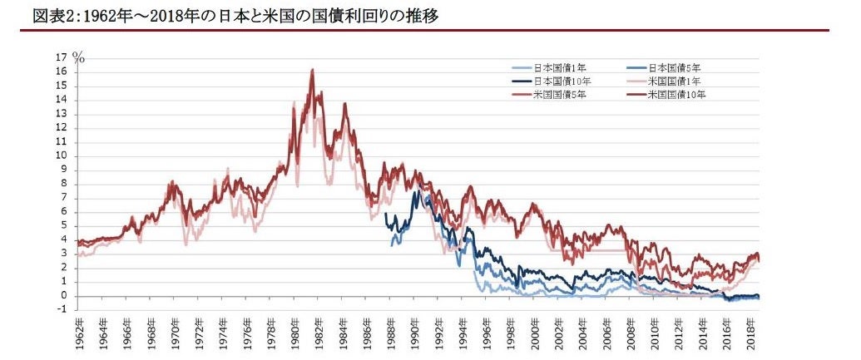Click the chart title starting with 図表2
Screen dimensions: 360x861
(225, 15)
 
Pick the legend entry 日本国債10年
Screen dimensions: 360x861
(562, 81)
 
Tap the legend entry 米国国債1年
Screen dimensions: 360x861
(675, 81)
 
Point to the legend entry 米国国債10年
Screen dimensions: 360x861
(677, 95)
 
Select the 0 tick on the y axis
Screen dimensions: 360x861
(63, 296)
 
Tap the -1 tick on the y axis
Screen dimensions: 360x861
(62, 310)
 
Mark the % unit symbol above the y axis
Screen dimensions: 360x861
(79, 57)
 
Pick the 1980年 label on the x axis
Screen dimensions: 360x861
(295, 333)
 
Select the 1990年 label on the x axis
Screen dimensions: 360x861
(415, 333)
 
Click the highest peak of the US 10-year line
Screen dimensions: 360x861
(312, 70)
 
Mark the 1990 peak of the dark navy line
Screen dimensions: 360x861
(415, 192)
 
